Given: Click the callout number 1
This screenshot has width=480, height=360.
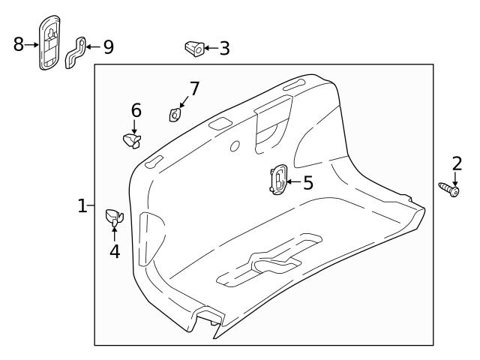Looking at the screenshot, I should (x=83, y=205).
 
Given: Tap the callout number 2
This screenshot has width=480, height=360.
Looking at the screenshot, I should (x=457, y=163).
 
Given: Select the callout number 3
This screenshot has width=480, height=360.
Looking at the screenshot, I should (x=223, y=49).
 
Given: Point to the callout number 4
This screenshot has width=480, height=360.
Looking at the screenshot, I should (x=114, y=251).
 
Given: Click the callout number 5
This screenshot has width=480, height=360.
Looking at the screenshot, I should (x=308, y=182).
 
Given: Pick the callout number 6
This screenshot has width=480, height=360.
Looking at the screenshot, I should (x=136, y=110).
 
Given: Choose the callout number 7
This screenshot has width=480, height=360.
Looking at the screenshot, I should (x=194, y=88).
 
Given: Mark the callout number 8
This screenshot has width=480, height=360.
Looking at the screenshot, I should (x=19, y=44).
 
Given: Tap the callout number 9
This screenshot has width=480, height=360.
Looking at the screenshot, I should (x=108, y=47).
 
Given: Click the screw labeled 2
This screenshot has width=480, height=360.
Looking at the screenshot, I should (x=448, y=187).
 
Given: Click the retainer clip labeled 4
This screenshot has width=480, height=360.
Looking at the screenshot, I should (x=114, y=217).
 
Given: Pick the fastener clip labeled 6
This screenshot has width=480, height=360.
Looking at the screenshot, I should (x=131, y=140).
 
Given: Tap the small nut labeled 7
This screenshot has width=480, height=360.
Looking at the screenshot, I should (x=174, y=115).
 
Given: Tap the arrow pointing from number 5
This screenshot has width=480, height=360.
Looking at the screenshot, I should (x=293, y=181).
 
